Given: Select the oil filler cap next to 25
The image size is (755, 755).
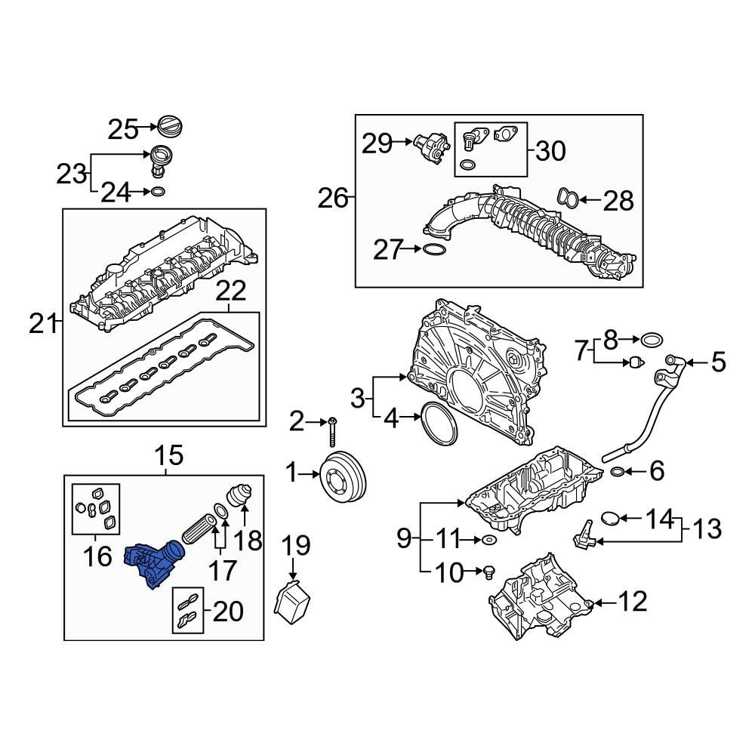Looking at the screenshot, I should click(x=171, y=127).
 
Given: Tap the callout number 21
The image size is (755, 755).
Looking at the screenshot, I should click(x=44, y=324).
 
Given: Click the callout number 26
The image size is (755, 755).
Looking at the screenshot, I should click(x=333, y=199).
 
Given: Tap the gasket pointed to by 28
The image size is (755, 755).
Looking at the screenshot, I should click(x=568, y=199).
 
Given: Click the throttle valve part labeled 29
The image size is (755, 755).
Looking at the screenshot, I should click(x=431, y=145).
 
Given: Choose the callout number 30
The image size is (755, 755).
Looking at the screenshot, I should click(x=550, y=151).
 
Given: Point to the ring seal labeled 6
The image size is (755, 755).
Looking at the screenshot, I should click(x=617, y=473).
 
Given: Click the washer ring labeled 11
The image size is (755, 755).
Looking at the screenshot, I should click(x=488, y=540).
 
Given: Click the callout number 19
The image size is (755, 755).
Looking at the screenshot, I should click(x=297, y=544).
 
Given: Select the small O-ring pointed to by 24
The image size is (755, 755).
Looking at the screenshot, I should click(x=157, y=193).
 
